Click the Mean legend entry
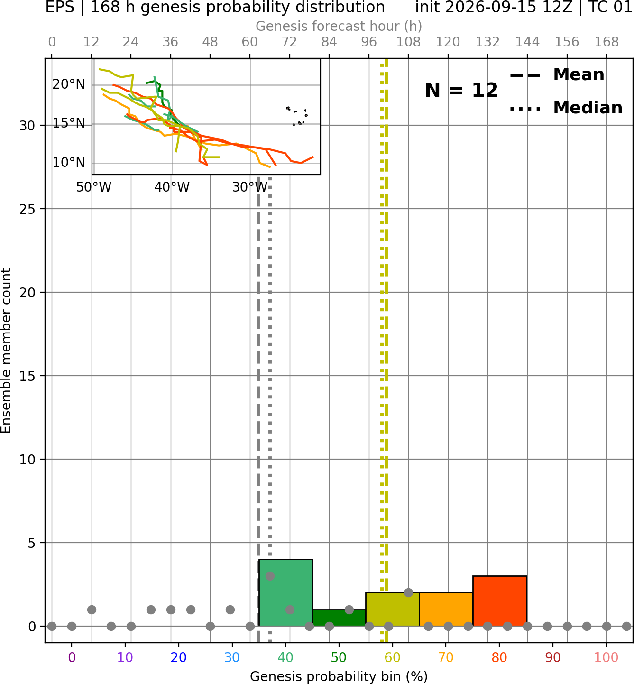coord(557,75)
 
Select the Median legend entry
coord(566,108)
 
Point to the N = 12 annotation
coord(461,90)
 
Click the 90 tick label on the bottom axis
coord(553,657)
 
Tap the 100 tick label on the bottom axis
coord(606,657)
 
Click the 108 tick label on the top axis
coord(408,42)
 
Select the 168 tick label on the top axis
coord(606,42)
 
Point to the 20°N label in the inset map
coord(69,84)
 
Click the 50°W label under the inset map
coord(94,187)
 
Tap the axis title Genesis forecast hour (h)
coord(339,26)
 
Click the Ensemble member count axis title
coord(6,351)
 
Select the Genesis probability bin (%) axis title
coord(339,676)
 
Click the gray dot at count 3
coord(270,576)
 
